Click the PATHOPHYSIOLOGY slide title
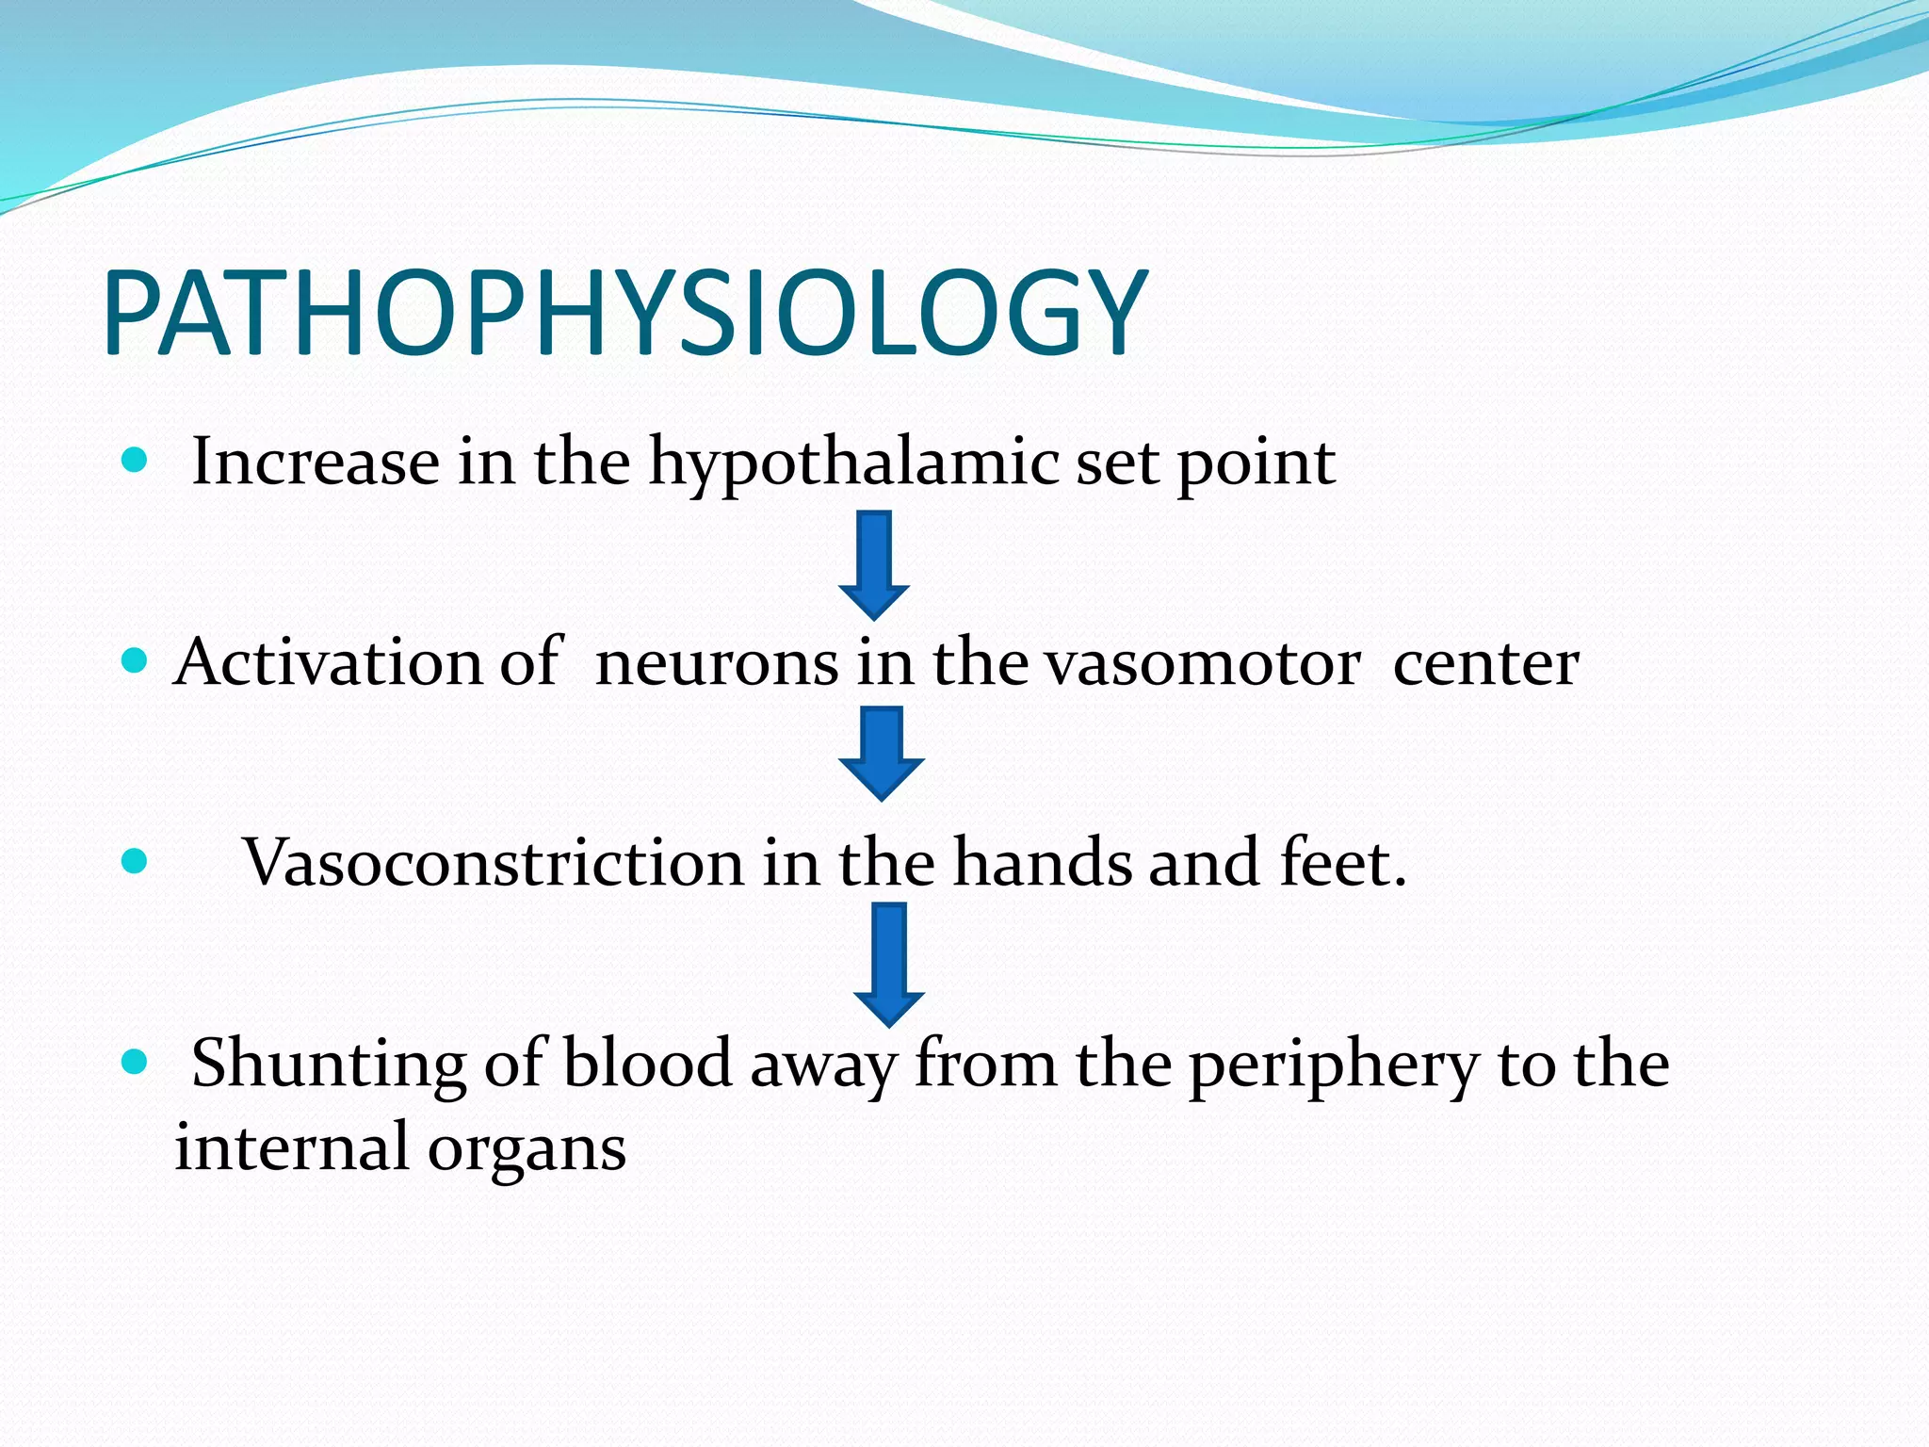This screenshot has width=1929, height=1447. point(625,314)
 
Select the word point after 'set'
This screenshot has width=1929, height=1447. point(1256,463)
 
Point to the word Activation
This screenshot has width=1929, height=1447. point(326,662)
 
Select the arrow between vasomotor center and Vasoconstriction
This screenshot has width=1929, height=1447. point(881,754)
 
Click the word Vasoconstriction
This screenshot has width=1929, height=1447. point(494,863)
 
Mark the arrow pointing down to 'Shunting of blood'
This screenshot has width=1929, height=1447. point(888,963)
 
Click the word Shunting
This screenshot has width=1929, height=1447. point(329,1065)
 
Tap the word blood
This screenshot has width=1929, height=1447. point(647,1065)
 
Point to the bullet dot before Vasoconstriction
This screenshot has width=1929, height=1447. point(136,861)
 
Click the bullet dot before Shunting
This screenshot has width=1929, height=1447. point(136,1063)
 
